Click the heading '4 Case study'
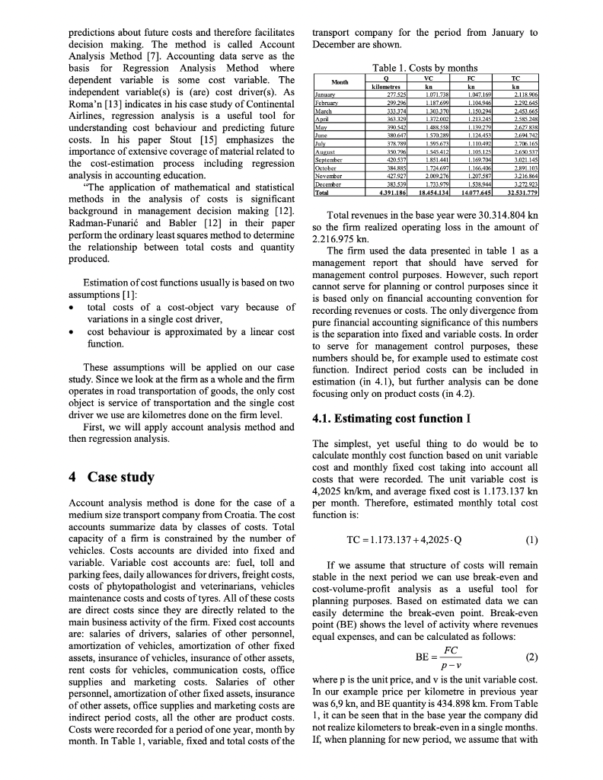(111, 478)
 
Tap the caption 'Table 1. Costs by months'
(426, 68)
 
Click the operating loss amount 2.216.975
(336, 238)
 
